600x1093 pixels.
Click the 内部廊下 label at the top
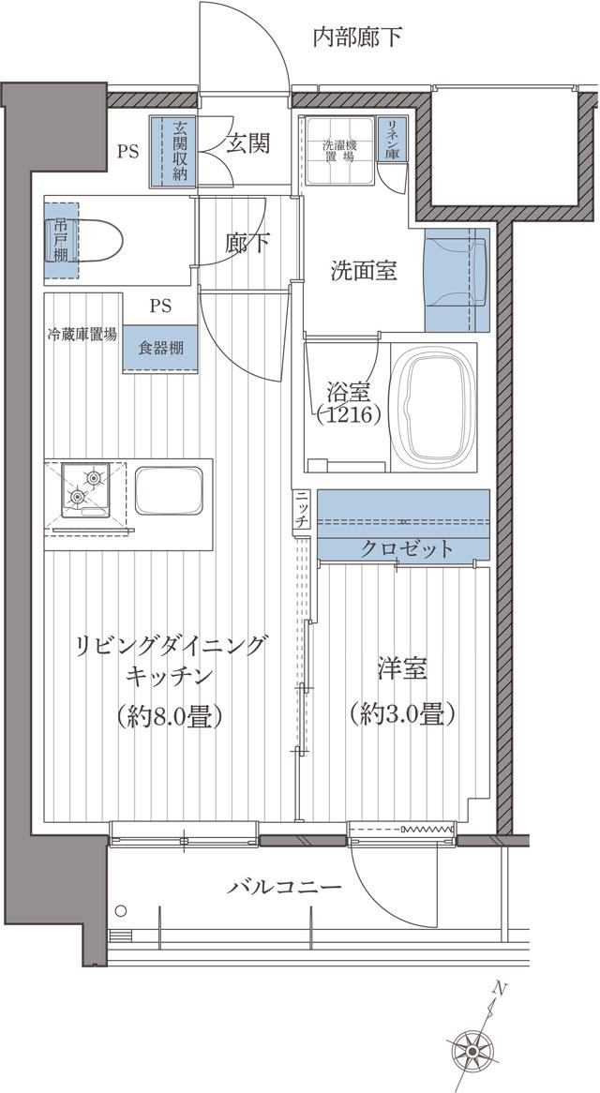point(357,37)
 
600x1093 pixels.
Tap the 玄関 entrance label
point(248,143)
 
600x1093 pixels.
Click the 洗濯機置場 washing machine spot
point(337,150)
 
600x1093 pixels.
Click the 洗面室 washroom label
point(363,272)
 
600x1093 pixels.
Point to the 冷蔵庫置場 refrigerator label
point(82,333)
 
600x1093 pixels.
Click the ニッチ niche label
point(303,511)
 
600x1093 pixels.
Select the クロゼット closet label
point(406,549)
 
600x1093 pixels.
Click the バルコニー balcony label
point(283,887)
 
